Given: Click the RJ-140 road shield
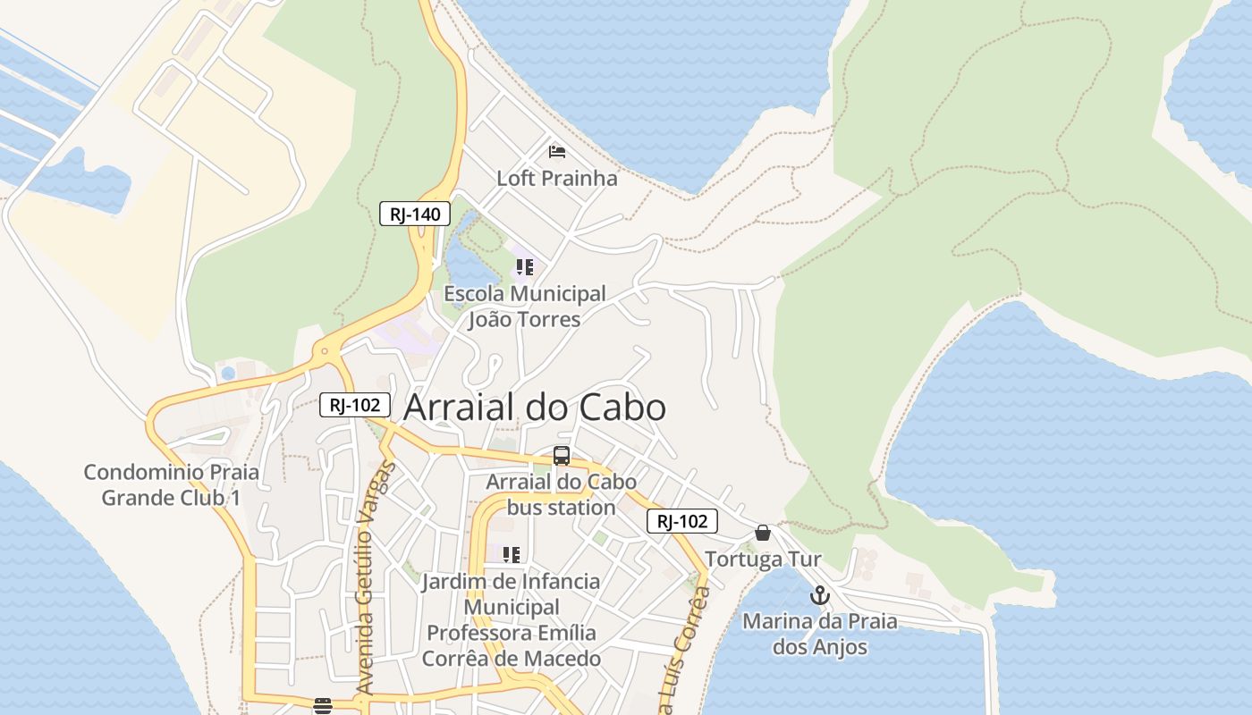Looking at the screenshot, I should (x=415, y=214).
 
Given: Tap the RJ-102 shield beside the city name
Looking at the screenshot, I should (x=355, y=405).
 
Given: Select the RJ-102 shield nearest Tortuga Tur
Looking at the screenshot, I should (x=682, y=521).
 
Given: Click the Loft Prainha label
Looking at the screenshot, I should (x=557, y=178).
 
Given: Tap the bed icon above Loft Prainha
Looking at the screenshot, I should (x=557, y=151).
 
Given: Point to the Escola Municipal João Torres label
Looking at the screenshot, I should (x=525, y=307).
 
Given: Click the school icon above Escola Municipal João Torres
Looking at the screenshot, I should (x=525, y=267).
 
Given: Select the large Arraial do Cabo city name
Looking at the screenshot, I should (x=535, y=408).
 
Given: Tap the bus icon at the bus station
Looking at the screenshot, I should (x=562, y=456).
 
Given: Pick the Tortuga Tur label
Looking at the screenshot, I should (x=763, y=560).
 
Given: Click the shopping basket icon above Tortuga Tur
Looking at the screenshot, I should (x=763, y=534).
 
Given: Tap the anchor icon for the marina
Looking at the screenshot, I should (x=820, y=595).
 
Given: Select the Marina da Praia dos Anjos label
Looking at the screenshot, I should (x=820, y=634).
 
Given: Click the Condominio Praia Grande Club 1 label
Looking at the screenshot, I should (x=171, y=484).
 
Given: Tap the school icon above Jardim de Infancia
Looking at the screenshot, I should (x=512, y=555).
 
